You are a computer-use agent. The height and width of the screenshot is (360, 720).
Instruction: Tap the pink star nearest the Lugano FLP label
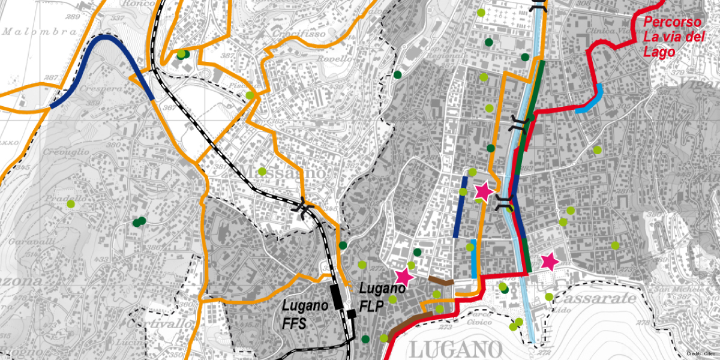[x=404, y=277]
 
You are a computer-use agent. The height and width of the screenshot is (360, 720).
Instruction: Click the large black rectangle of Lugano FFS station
[x=335, y=296]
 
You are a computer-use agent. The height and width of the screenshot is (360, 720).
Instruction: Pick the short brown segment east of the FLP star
[x=442, y=280]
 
